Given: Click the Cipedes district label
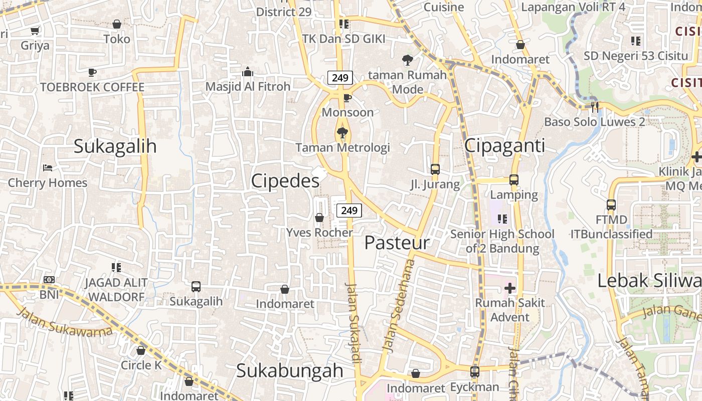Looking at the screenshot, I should point(285,181).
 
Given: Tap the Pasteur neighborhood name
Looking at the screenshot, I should point(397,243).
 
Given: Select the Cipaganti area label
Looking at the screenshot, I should point(504,146).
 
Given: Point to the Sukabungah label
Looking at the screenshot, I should point(289,371).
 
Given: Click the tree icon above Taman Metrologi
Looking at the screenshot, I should point(342,133).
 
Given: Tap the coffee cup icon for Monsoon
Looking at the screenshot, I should point(347,98).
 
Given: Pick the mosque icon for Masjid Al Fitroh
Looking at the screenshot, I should point(248,72).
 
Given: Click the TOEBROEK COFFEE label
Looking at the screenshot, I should point(92,87).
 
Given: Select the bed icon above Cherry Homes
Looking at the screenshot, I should point(48,168).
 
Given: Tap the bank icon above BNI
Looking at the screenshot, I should point(49,280).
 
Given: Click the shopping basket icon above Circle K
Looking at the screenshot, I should point(141,350).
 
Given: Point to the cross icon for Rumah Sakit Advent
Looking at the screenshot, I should point(510,288).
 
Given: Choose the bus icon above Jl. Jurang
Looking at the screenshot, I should point(435,169).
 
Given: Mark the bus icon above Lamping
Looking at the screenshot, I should point(513,179).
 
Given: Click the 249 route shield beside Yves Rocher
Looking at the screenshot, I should point(349,211).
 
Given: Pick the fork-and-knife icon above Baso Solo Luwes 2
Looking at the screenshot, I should point(595,107).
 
